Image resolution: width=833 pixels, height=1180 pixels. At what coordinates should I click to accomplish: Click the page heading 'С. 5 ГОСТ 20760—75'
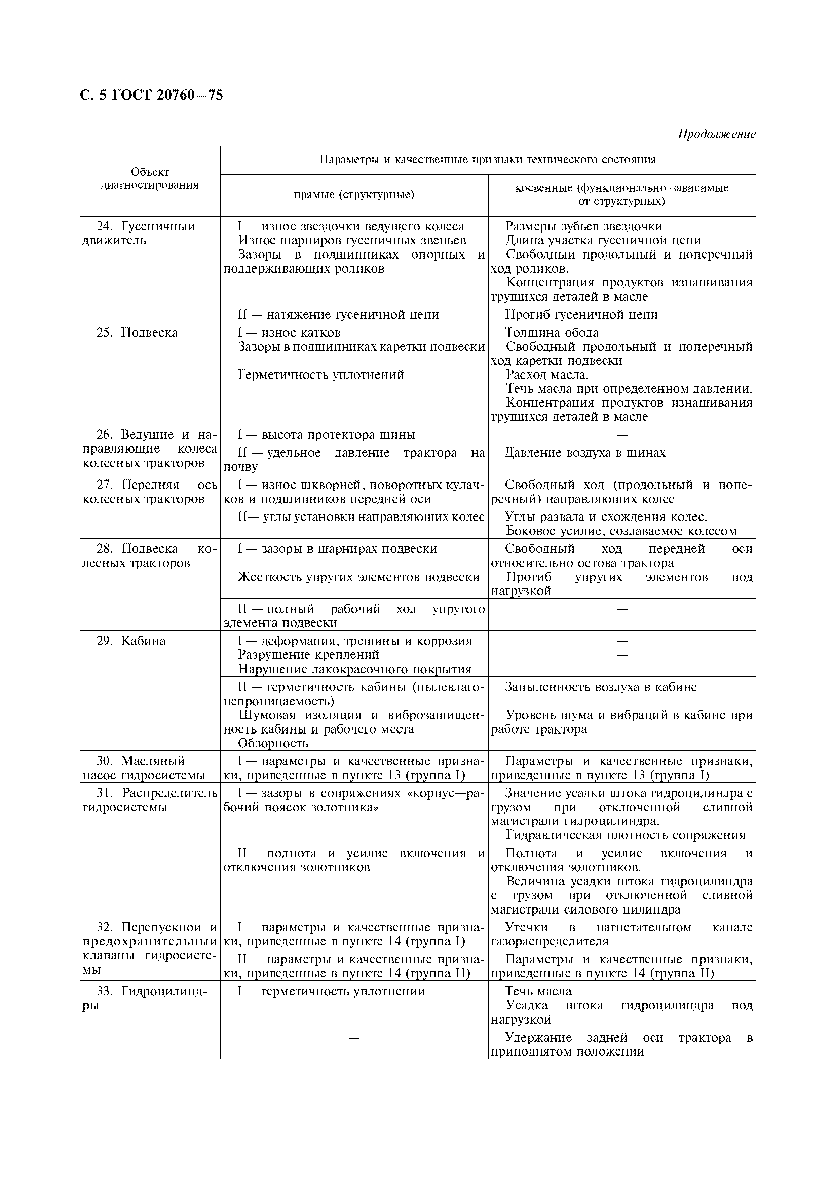click(x=152, y=95)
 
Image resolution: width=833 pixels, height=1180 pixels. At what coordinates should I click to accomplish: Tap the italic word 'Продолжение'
click(x=716, y=134)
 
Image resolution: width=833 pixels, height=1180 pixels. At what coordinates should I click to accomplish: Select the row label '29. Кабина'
click(x=131, y=641)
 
